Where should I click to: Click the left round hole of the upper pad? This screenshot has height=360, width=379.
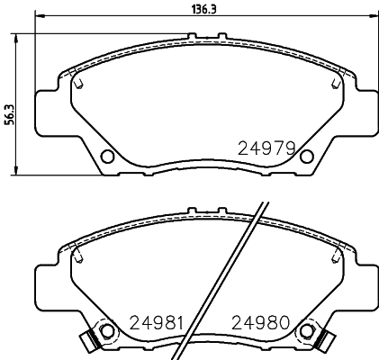tap(107, 157)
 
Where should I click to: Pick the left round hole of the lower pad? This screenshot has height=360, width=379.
tap(107, 332)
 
